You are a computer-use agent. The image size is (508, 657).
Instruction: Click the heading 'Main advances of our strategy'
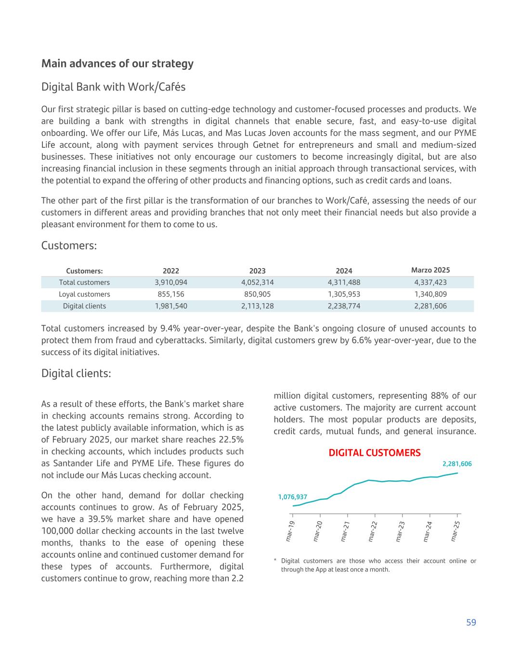coord(117,64)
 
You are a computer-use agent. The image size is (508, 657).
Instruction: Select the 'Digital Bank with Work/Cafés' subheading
coord(113,87)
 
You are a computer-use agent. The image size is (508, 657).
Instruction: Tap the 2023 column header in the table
coord(257,271)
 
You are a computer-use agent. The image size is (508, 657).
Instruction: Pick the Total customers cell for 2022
coord(170,283)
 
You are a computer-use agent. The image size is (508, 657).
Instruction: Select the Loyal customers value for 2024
coord(344,294)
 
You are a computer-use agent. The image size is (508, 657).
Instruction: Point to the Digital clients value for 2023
coord(257,306)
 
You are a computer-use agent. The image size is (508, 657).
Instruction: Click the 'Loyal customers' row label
coord(84,294)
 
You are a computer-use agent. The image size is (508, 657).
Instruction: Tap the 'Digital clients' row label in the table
coord(84,306)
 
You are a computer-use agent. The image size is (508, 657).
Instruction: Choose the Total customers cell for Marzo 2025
coord(430,283)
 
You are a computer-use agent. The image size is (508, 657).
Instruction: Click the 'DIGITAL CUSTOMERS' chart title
coord(374,453)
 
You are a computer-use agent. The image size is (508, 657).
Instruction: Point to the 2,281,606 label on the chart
coord(456,464)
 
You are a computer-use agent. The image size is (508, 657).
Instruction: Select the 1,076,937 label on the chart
coord(292,497)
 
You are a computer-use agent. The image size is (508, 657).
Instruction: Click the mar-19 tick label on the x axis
coord(290,531)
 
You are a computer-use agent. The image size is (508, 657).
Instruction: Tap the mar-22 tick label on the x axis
coord(372,531)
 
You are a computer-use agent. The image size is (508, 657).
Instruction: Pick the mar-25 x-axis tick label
coord(455,531)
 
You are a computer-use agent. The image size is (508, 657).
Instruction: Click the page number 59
coord(470,623)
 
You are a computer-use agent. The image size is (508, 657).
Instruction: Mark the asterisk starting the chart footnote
coord(275,561)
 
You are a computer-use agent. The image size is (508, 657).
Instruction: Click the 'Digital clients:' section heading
coord(76,374)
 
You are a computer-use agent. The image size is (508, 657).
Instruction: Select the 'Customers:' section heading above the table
coord(69,245)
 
